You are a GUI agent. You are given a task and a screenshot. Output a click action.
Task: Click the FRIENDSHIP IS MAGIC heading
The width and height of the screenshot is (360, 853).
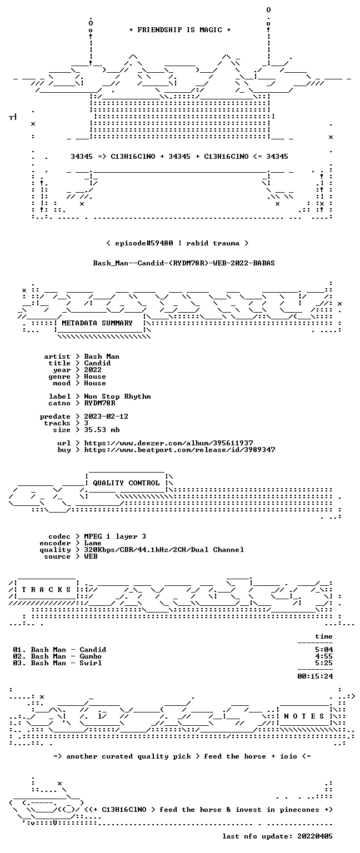point(180,29)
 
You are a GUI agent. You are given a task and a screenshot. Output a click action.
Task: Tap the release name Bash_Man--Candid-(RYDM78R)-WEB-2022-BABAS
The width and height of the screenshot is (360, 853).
point(184,263)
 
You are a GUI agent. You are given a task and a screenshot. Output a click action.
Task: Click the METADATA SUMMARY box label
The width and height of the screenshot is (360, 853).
point(97,323)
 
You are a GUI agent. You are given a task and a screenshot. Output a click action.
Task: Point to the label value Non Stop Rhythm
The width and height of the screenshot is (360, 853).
point(117,397)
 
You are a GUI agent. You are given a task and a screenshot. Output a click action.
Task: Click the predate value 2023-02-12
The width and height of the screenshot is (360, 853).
point(106,417)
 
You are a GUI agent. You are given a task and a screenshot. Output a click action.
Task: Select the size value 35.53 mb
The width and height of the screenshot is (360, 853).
point(102,430)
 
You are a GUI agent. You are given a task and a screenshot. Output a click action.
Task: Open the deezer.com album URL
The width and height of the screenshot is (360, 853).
point(169,443)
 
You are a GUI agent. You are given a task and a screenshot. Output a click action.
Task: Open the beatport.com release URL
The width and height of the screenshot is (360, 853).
point(180,450)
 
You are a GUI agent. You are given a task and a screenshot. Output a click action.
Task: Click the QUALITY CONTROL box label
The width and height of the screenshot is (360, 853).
point(127,483)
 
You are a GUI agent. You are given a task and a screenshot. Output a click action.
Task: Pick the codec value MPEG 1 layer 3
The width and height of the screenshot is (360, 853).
point(115,536)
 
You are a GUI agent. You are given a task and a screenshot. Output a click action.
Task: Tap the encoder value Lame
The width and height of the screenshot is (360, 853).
point(93,543)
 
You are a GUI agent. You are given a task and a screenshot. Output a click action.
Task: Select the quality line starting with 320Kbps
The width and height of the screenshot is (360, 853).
point(164,550)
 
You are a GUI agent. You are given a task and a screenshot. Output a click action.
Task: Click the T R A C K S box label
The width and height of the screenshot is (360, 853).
point(47,590)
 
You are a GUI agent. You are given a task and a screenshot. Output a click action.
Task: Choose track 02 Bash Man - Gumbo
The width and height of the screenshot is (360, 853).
point(57,656)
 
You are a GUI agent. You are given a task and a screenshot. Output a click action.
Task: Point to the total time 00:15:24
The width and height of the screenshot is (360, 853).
point(315,676)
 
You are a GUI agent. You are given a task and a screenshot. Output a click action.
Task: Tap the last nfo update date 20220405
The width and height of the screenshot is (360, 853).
point(315,836)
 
